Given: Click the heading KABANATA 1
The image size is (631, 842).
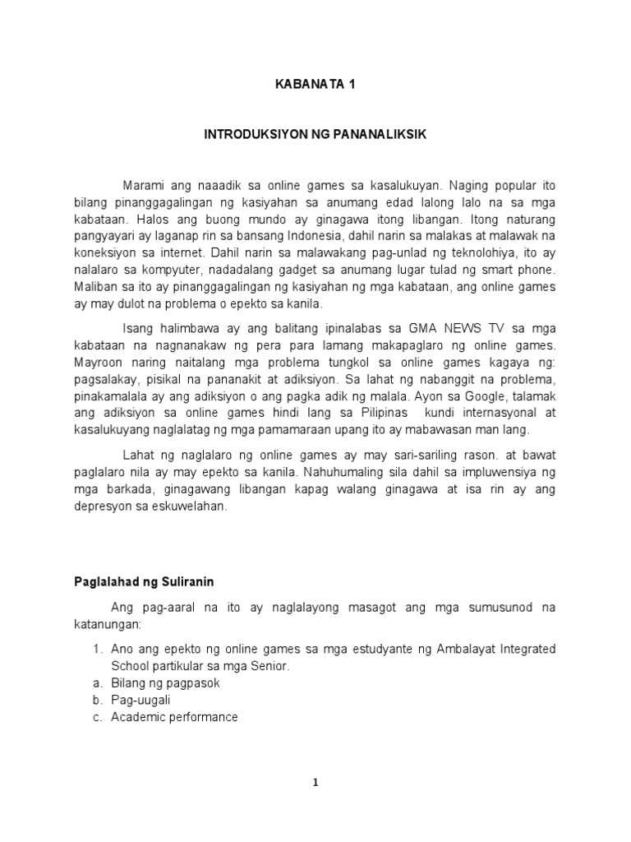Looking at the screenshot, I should (x=315, y=83).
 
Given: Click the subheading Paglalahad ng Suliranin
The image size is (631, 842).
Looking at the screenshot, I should (x=140, y=581).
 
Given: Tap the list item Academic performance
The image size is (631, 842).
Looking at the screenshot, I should (x=174, y=717).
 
